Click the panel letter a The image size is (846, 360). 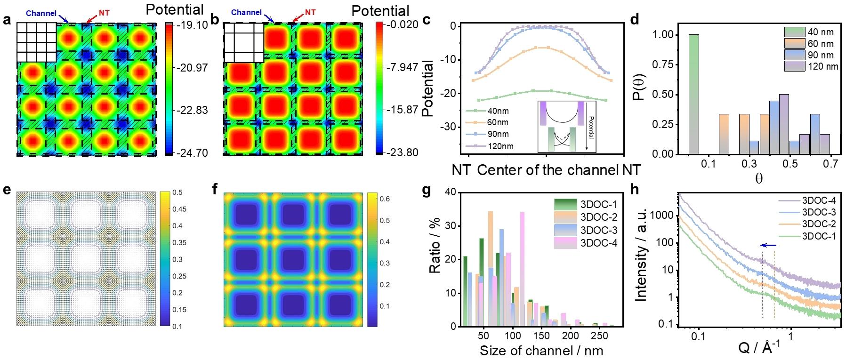click(6, 20)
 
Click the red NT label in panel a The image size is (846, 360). click(104, 13)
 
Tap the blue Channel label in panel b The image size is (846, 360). click(247, 12)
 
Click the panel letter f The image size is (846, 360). click(215, 190)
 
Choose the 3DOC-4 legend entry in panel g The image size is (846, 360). click(599, 243)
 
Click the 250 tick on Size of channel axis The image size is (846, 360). click(600, 336)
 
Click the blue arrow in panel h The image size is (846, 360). click(768, 245)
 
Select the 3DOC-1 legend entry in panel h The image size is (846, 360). click(819, 236)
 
